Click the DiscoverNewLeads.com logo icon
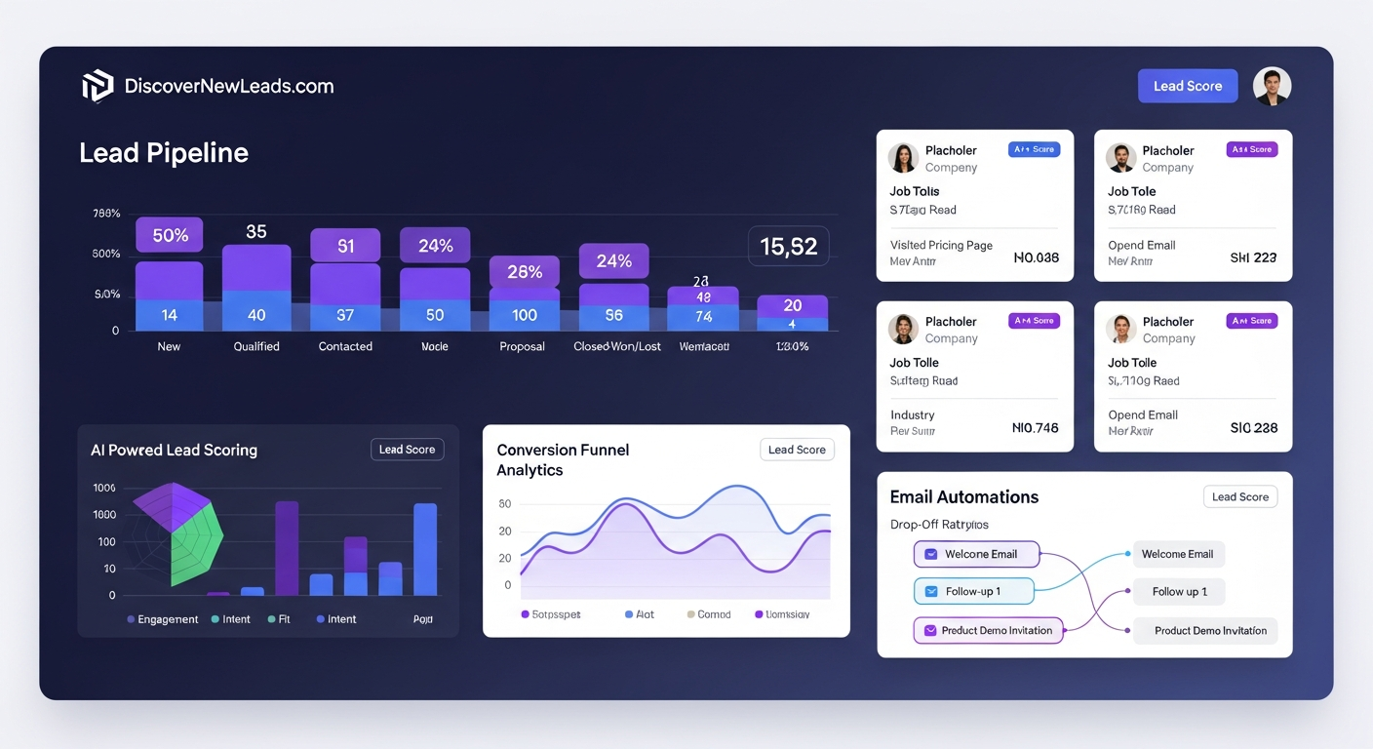(98, 86)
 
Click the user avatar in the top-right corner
(1272, 86)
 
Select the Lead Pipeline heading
(164, 153)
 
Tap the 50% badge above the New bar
(170, 235)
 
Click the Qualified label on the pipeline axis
(256, 346)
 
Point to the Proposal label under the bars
(522, 346)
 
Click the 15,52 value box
(788, 247)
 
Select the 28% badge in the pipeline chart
(525, 272)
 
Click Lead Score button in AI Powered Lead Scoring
(407, 450)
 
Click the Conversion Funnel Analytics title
(563, 459)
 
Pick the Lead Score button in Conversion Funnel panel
(797, 450)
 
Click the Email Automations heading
(963, 496)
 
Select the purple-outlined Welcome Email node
(976, 554)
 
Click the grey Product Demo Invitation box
(1209, 630)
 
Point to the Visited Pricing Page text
(941, 245)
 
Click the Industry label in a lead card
(912, 414)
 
